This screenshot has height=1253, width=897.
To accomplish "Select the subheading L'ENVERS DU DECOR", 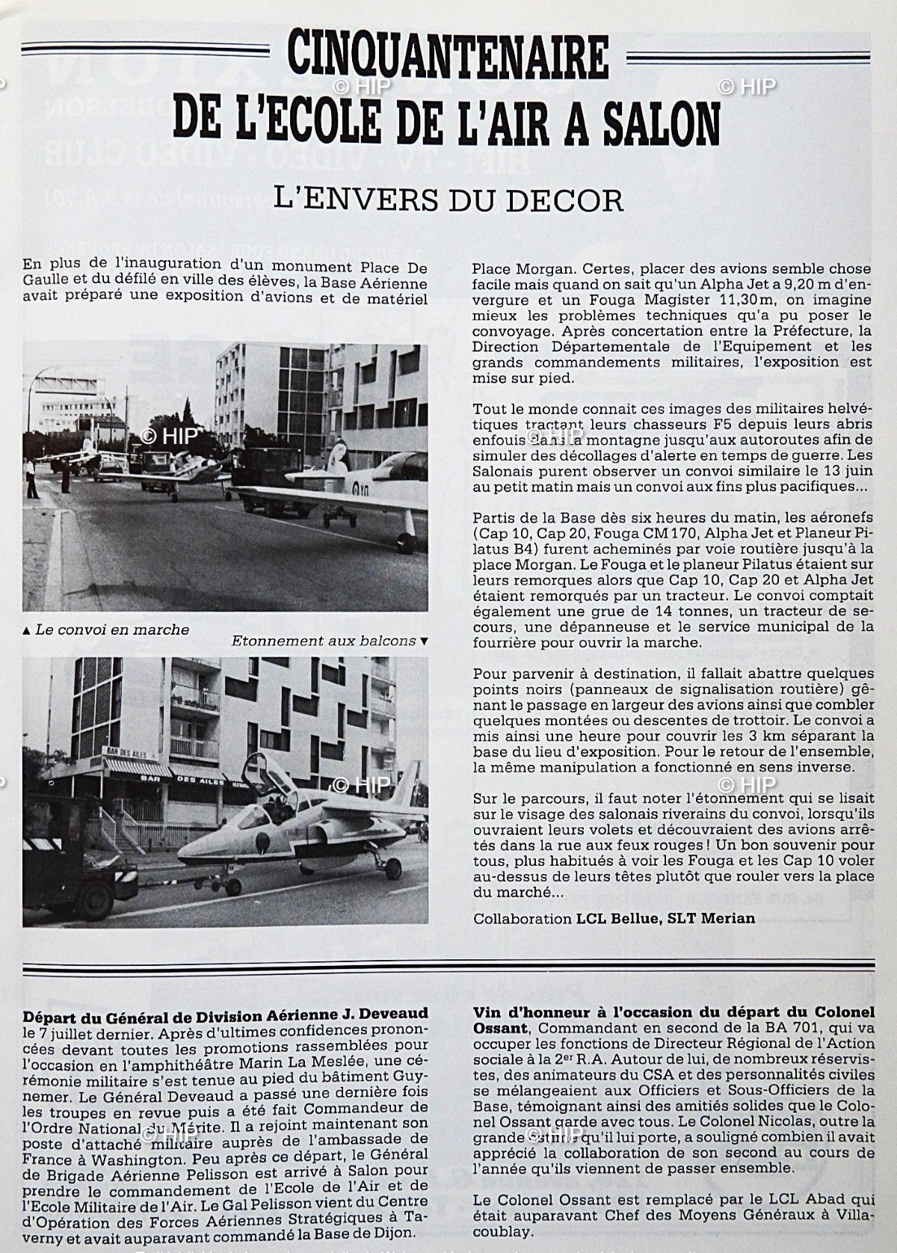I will [x=448, y=200].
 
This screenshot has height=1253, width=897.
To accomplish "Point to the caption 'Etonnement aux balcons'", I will [x=323, y=641].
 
